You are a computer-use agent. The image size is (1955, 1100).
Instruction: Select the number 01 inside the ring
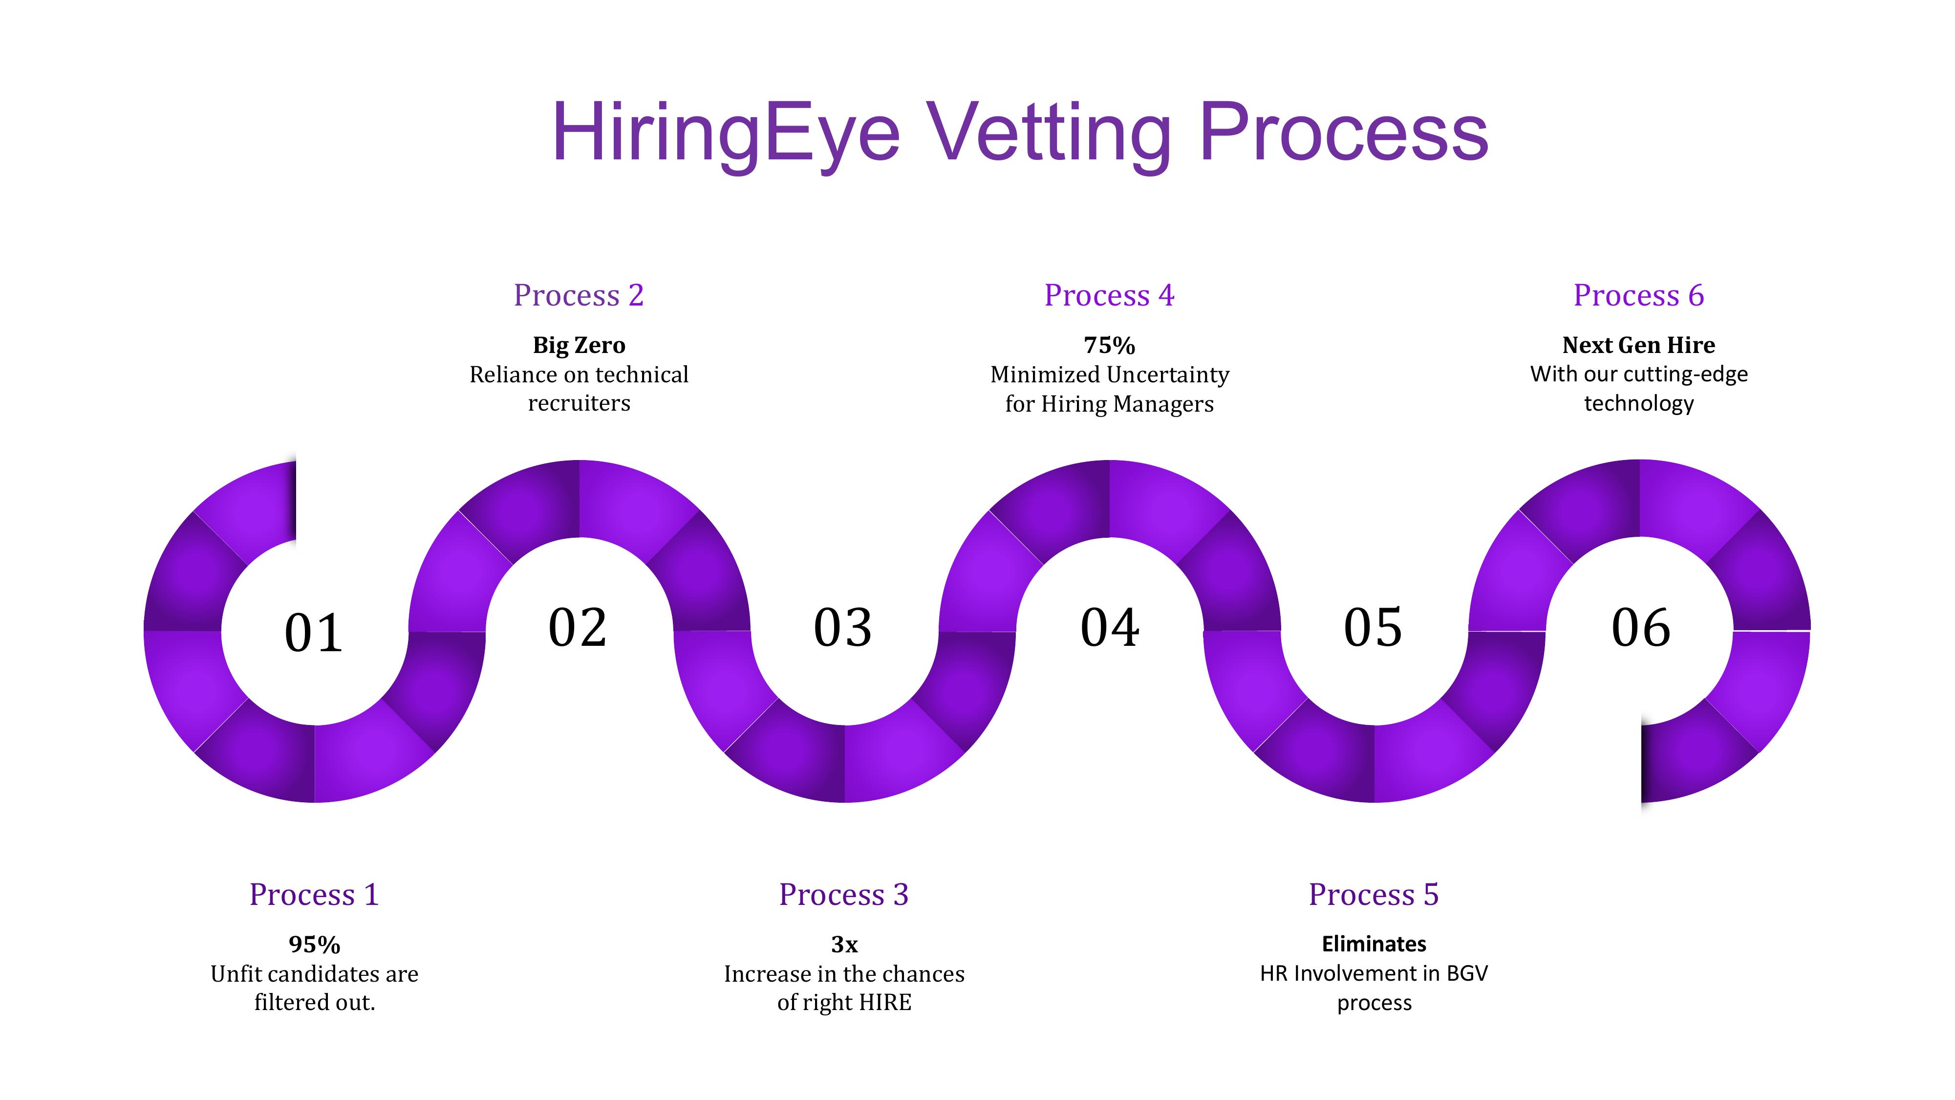click(x=313, y=633)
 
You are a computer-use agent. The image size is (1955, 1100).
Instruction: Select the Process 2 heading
click(x=579, y=295)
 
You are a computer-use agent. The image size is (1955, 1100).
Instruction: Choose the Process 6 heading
click(x=1638, y=295)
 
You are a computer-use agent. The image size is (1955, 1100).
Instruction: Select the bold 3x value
click(x=844, y=945)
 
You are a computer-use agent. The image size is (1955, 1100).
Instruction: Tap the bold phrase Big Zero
click(x=579, y=346)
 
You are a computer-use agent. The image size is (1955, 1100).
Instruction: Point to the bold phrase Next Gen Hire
click(x=1638, y=346)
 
